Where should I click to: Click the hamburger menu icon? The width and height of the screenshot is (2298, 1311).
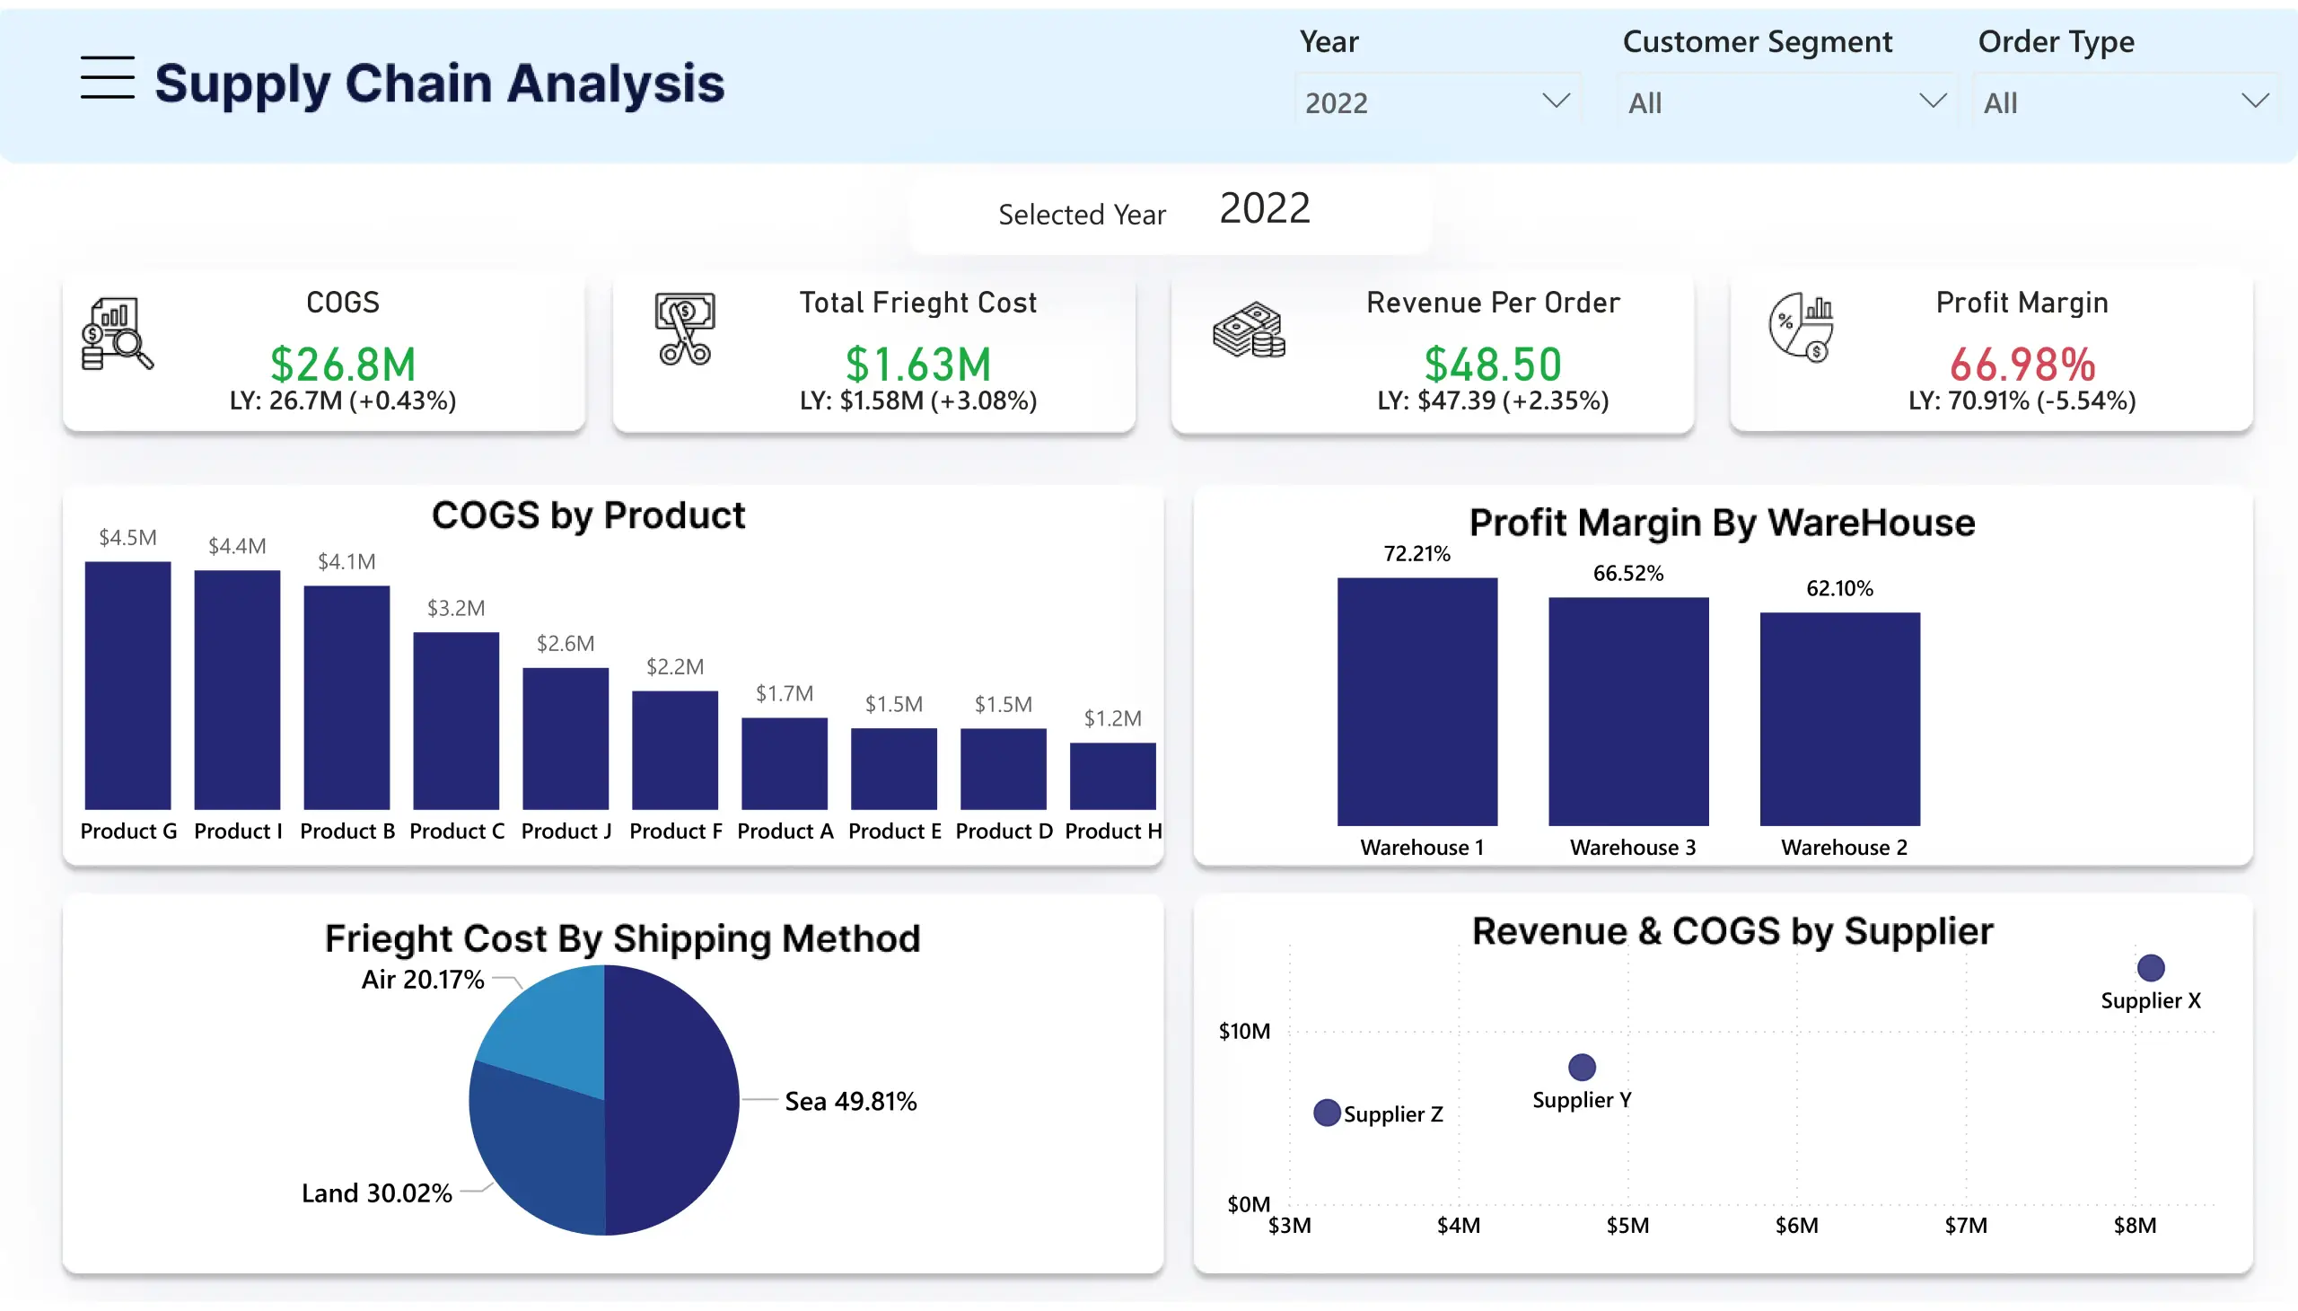(107, 77)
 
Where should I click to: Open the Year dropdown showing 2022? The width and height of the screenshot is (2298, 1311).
(1436, 101)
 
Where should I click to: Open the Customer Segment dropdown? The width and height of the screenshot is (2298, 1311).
(1785, 101)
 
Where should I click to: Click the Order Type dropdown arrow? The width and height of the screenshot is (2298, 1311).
(2254, 101)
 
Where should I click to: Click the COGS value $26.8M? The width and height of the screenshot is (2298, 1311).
(343, 364)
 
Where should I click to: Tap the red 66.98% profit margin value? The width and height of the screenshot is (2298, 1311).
(2022, 364)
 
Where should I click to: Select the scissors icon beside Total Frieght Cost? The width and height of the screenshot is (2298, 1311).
(685, 330)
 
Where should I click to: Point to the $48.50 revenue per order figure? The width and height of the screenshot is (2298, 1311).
(1493, 364)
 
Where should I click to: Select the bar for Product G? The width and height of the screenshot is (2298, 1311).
(127, 684)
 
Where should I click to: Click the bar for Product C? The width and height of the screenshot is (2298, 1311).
(456, 720)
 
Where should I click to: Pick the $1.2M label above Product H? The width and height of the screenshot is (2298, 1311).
(1112, 717)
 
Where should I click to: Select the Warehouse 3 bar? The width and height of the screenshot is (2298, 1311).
(1628, 711)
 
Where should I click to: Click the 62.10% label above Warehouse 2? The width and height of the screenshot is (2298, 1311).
(1839, 588)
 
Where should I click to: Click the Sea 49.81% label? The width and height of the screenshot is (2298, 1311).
(850, 1100)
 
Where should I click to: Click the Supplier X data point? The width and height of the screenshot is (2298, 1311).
(2151, 968)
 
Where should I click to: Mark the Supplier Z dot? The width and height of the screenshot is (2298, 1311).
(1327, 1113)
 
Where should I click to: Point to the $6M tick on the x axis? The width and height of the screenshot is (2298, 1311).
(1796, 1225)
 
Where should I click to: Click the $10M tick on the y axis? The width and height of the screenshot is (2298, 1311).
(1244, 1031)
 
